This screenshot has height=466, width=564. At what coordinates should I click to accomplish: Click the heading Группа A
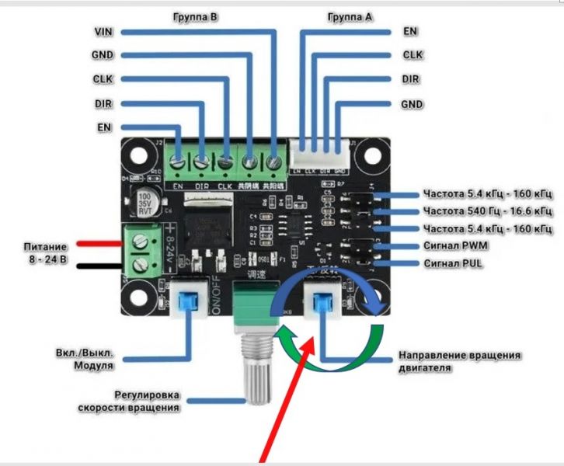pos(350,15)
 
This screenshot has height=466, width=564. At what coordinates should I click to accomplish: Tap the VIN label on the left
pos(103,32)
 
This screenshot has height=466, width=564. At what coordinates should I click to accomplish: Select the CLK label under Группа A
pos(412,55)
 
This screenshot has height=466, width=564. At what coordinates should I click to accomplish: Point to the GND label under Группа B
pos(103,55)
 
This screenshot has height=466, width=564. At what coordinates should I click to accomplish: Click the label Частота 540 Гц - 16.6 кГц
pos(488,210)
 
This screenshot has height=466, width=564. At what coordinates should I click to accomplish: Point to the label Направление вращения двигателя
pos(459,361)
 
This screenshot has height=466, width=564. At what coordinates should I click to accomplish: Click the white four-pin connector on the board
pos(319,155)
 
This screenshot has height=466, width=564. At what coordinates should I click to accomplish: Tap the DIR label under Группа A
pos(411,79)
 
